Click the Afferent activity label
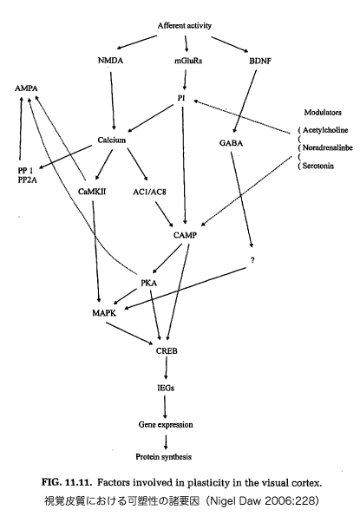pyautogui.click(x=184, y=26)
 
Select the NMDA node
pyautogui.click(x=110, y=61)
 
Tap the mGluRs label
pyautogui.click(x=188, y=61)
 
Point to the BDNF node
pyautogui.click(x=260, y=61)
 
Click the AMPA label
pyautogui.click(x=26, y=88)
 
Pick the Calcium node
pyautogui.click(x=112, y=140)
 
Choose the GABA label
pyautogui.click(x=231, y=143)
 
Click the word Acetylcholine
pyautogui.click(x=325, y=130)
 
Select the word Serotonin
pyautogui.click(x=317, y=166)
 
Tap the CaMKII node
pyautogui.click(x=92, y=191)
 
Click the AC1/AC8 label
pyautogui.click(x=149, y=192)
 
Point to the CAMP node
pyautogui.click(x=185, y=235)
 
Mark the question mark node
pyautogui.click(x=252, y=260)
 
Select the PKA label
pyautogui.click(x=148, y=283)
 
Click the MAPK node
pyautogui.click(x=104, y=312)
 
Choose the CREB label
pyautogui.click(x=167, y=351)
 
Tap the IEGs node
pyautogui.click(x=166, y=388)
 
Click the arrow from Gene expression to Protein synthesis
pyautogui.click(x=166, y=442)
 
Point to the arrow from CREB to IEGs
pyautogui.click(x=166, y=369)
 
